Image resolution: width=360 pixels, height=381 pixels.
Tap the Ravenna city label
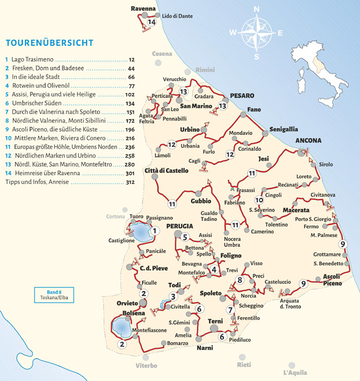[x=143, y=9]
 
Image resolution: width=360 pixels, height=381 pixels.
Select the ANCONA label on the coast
[x=308, y=141]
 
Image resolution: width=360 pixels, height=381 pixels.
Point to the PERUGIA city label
[x=179, y=226]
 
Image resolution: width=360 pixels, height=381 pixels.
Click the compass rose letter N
[x=256, y=9]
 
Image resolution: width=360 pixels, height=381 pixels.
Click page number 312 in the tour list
[x=130, y=182]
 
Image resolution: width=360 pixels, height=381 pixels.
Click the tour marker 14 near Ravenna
[x=152, y=22]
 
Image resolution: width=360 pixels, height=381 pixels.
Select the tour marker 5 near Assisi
[x=185, y=238]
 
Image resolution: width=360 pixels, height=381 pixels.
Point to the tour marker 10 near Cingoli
[x=259, y=201]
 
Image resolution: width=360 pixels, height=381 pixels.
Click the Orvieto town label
[x=128, y=303]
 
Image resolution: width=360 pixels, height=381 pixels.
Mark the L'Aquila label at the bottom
[x=295, y=373]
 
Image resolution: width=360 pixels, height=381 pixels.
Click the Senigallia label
[x=284, y=129]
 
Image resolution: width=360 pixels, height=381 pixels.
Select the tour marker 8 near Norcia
[x=240, y=280]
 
